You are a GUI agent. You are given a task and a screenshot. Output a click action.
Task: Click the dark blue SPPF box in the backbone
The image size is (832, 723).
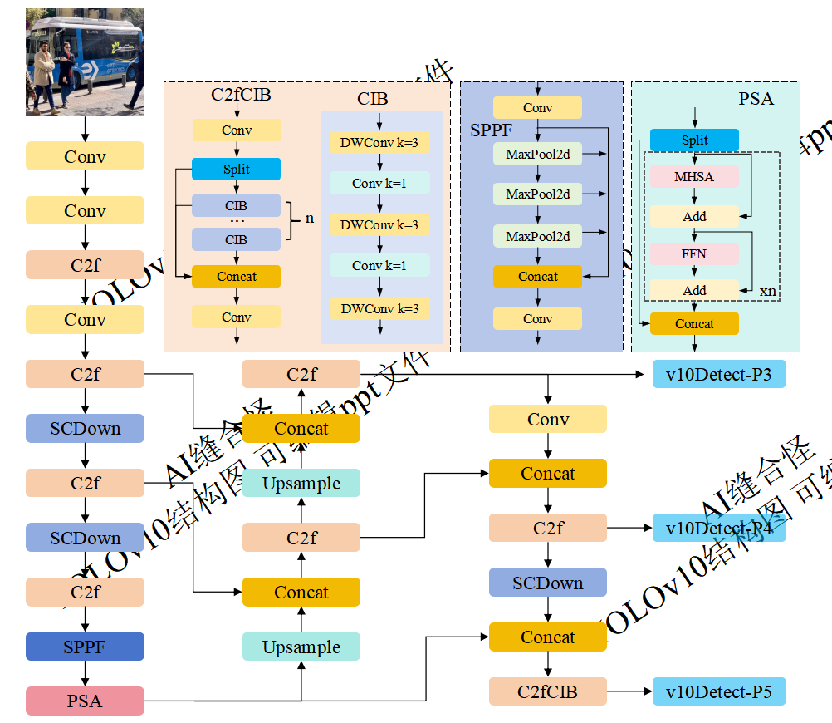point(85,647)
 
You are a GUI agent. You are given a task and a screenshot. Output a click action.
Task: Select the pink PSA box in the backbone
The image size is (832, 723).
point(85,701)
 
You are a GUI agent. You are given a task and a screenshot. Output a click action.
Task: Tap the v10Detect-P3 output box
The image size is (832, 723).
point(719,375)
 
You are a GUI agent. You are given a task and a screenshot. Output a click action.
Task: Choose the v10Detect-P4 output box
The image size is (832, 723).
point(719,528)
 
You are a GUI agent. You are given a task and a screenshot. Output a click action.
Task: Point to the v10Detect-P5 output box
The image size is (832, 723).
point(719,691)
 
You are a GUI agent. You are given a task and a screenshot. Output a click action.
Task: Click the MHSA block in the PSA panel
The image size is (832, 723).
point(694,177)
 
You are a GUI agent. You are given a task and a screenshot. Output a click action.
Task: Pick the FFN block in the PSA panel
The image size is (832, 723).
point(694,253)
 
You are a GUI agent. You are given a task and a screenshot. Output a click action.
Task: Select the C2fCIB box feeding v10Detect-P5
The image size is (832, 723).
point(547,691)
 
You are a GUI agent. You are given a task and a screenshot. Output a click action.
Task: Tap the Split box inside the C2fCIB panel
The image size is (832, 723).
point(237,170)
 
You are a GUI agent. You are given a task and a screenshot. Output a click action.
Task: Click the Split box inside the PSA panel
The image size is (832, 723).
point(694,140)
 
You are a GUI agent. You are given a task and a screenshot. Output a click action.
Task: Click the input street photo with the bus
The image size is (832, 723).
point(85,61)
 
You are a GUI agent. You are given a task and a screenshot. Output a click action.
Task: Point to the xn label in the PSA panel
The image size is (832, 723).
point(768,291)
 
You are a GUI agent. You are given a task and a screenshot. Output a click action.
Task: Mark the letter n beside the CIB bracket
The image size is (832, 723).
point(310,219)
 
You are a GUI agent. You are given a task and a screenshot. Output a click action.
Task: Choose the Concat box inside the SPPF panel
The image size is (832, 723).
point(538,277)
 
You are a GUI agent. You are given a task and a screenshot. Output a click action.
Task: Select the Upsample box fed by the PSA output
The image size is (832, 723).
point(301,647)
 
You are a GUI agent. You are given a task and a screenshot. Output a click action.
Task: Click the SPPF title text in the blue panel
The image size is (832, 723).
point(491,130)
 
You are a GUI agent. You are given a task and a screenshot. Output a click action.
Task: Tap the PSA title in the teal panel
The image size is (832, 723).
point(756,99)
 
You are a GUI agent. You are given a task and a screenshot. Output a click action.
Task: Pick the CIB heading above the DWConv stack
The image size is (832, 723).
point(373,99)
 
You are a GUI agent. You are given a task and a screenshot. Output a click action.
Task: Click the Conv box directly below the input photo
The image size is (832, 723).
point(85,156)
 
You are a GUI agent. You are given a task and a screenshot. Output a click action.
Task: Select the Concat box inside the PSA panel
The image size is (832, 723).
point(694,324)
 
